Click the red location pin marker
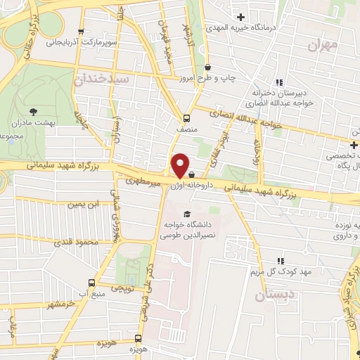[x=180, y=165]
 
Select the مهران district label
[x=323, y=44]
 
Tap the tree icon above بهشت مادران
[x=33, y=110]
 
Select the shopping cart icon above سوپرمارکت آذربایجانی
[x=82, y=31]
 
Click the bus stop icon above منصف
[x=186, y=117]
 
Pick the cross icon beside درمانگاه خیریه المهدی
[x=241, y=16]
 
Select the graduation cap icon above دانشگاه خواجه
[x=186, y=214]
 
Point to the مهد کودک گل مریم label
[x=279, y=271]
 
